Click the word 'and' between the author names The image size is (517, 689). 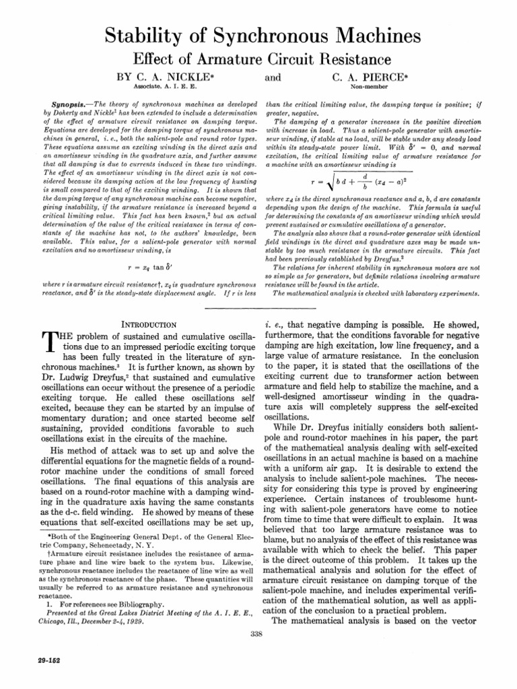[x=273, y=78]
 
